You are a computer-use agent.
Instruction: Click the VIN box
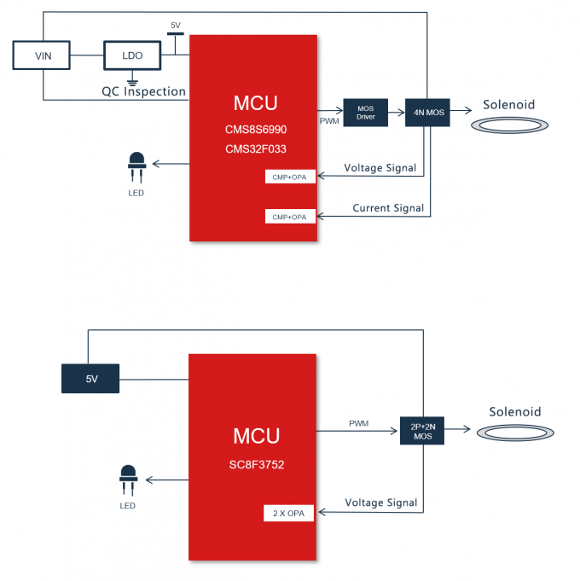[43, 55]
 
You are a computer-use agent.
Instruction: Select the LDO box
[132, 55]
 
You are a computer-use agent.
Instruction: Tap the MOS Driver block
[366, 112]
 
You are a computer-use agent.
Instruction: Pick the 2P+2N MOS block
[423, 431]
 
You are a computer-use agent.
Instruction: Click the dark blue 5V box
[91, 378]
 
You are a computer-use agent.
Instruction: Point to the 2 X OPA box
[289, 514]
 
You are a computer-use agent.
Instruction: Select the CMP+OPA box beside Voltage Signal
[290, 177]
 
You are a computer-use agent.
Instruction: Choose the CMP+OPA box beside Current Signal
[290, 217]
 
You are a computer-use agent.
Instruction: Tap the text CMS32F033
[255, 150]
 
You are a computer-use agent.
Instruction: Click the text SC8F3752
[256, 466]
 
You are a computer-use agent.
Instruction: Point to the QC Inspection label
[144, 91]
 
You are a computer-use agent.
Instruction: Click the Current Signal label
[388, 208]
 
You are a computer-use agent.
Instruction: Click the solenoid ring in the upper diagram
[509, 125]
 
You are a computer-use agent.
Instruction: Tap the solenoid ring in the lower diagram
[515, 433]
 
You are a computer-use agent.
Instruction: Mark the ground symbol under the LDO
[133, 82]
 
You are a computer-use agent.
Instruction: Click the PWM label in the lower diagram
[359, 423]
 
